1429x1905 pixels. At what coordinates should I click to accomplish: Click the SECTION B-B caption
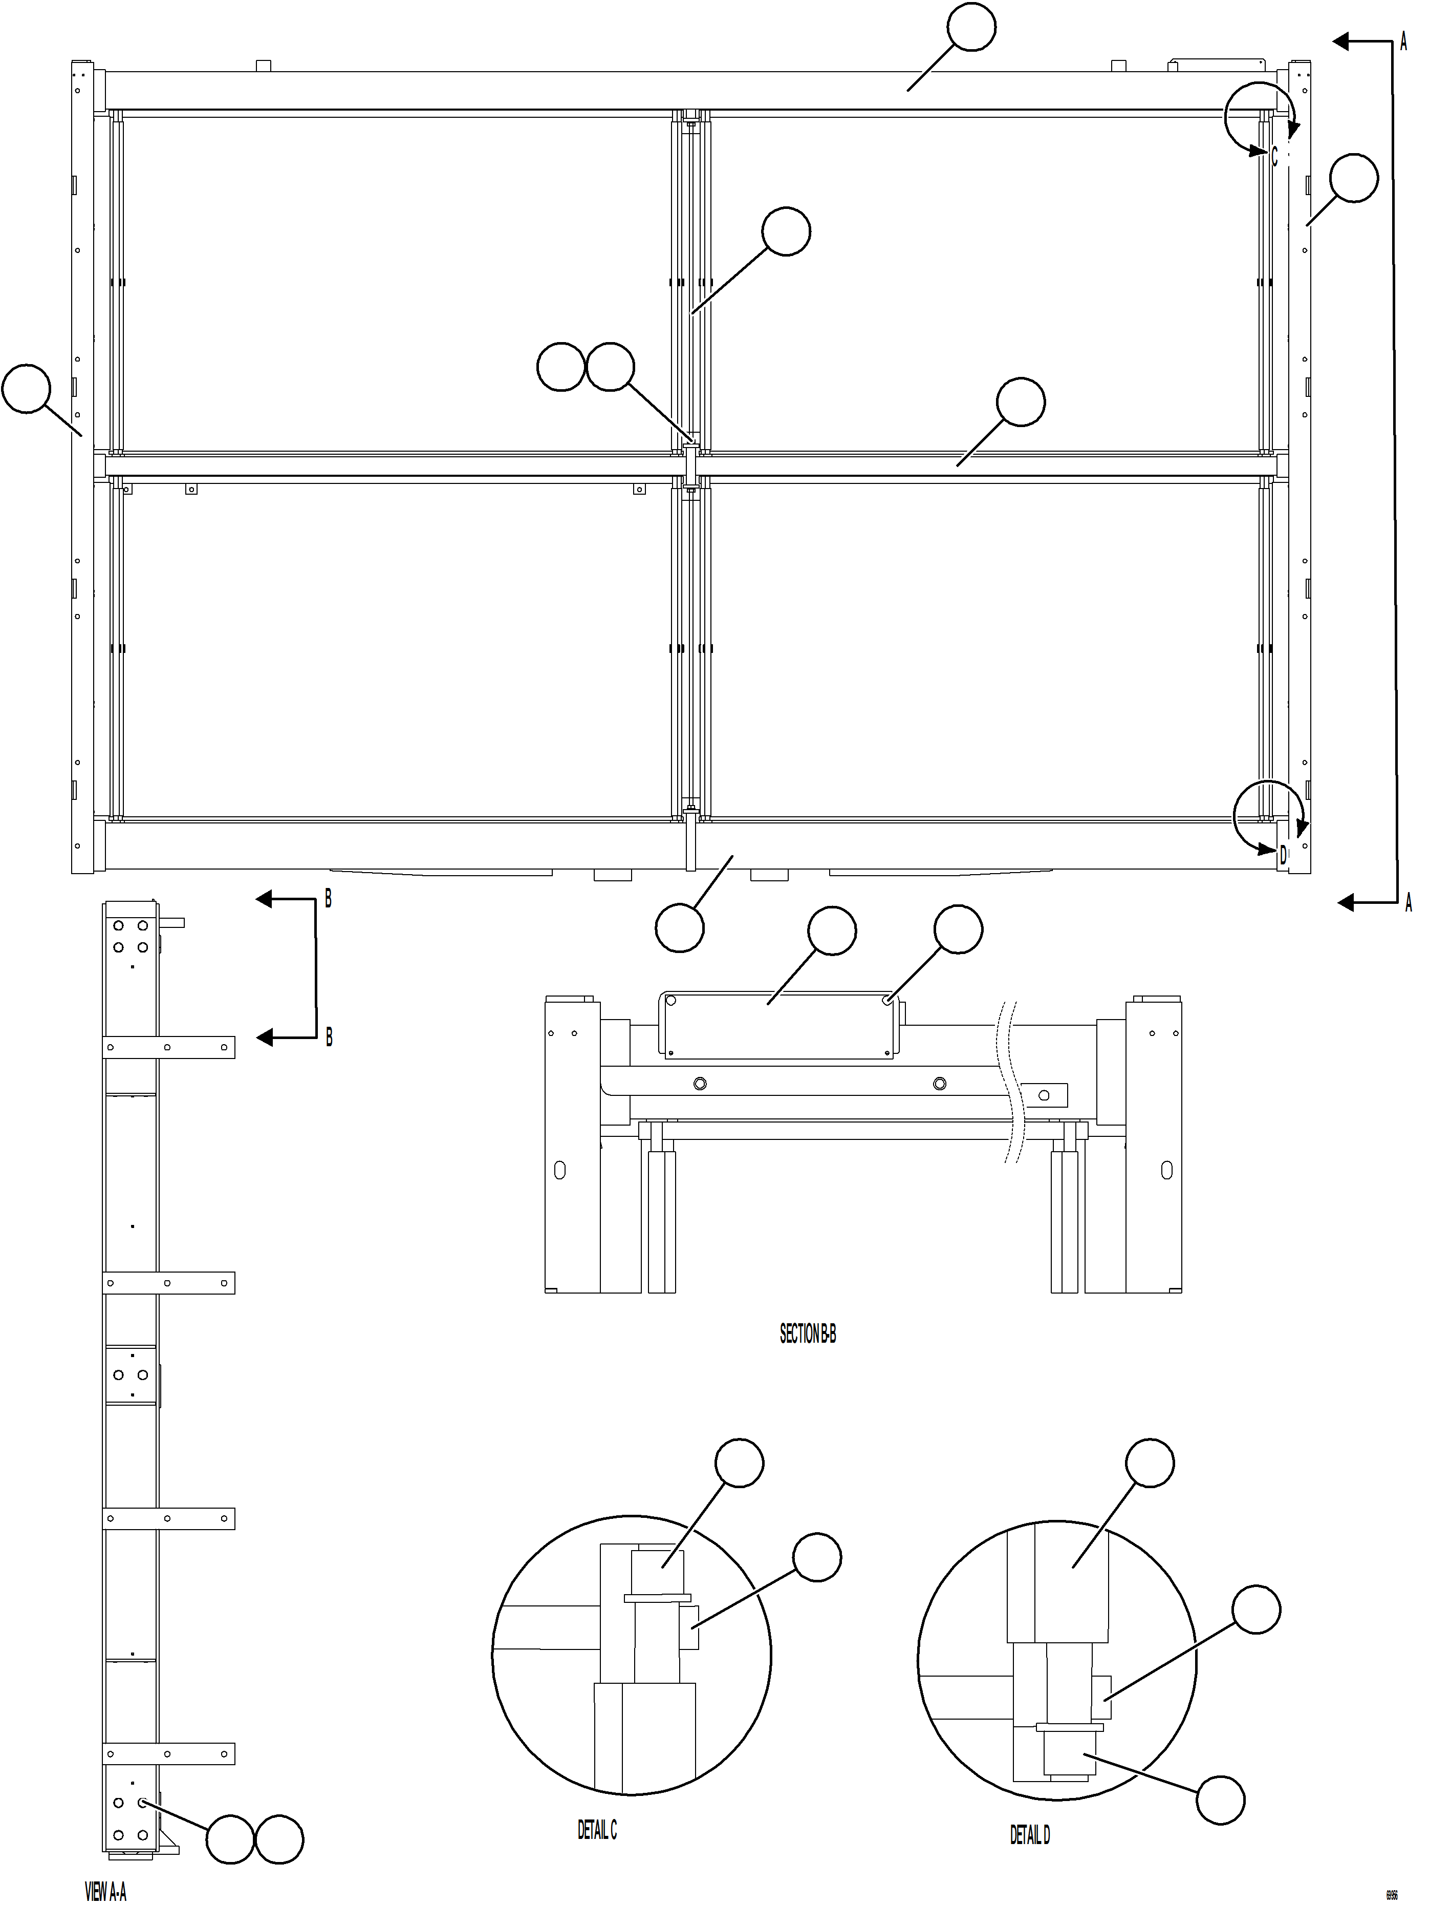click(808, 1334)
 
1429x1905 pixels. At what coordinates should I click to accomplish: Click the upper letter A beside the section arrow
click(1403, 41)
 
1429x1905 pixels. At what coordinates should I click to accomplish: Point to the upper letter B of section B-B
click(328, 899)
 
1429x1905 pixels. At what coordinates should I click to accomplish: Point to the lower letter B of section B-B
click(329, 1038)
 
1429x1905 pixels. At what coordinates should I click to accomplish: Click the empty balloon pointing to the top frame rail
click(971, 28)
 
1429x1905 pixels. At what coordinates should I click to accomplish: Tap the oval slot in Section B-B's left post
click(559, 1170)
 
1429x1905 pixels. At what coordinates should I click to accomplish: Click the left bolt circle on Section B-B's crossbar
click(700, 1084)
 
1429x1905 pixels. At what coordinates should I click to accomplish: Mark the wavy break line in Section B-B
click(1009, 1085)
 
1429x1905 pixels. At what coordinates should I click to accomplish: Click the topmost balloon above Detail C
click(740, 1463)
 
